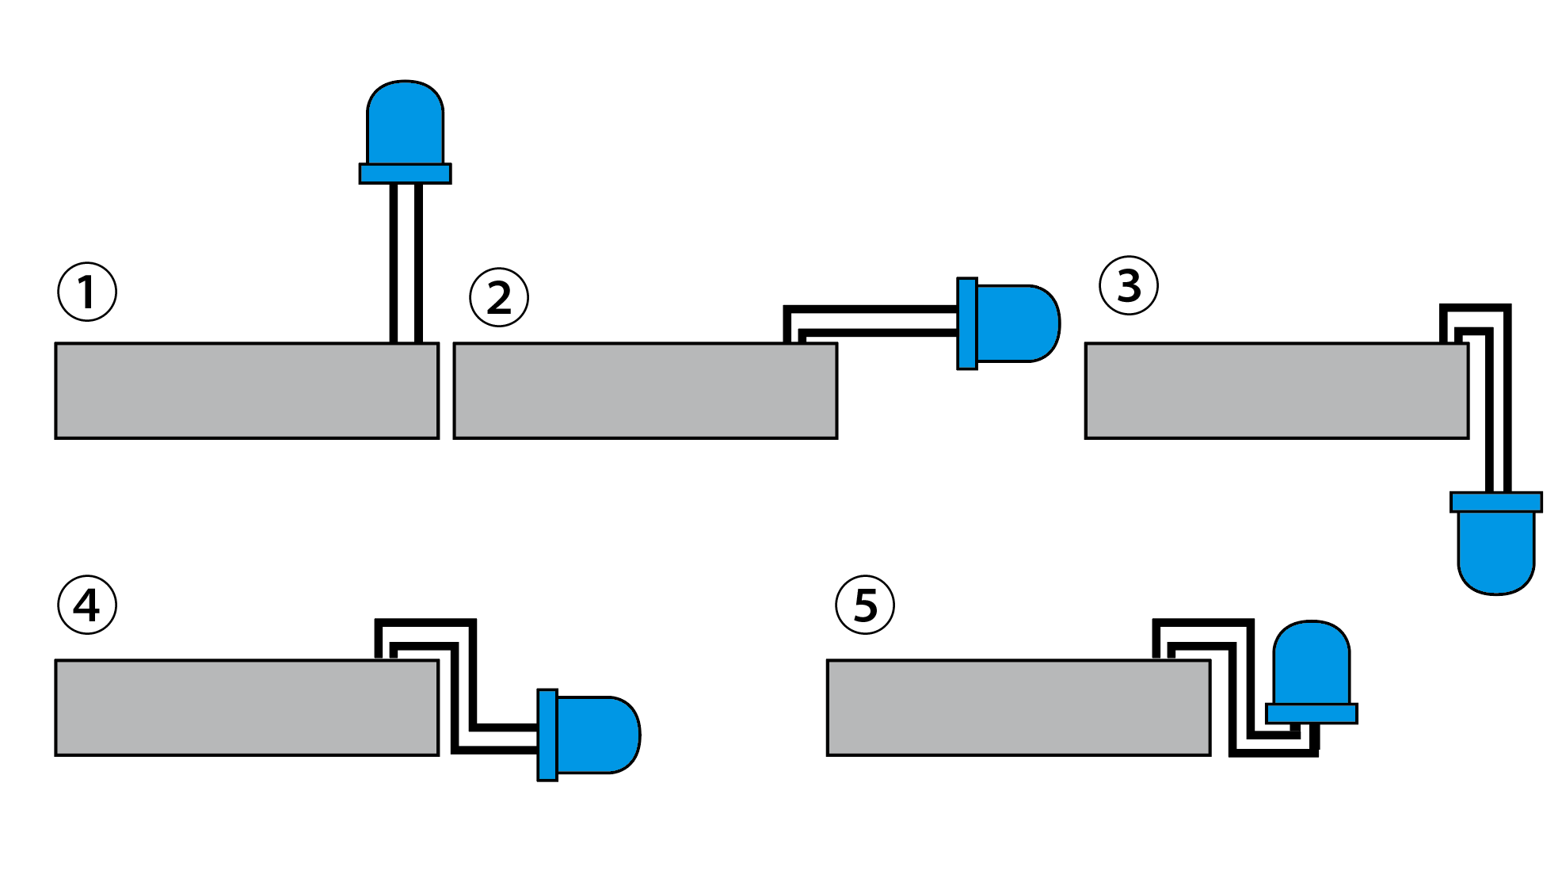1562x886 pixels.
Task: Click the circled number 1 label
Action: [87, 292]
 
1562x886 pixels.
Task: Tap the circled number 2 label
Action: [499, 298]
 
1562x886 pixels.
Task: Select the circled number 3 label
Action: [1129, 285]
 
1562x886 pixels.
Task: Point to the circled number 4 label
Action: [87, 605]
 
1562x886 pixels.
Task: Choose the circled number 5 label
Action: [865, 605]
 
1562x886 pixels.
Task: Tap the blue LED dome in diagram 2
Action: [1017, 323]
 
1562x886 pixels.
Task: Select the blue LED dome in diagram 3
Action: [1495, 552]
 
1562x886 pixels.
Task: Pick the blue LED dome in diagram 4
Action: [597, 735]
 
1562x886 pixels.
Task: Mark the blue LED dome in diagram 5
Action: [1311, 663]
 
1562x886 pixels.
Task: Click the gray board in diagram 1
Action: [246, 391]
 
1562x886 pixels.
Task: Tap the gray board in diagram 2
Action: [645, 391]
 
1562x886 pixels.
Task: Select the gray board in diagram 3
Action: [1277, 391]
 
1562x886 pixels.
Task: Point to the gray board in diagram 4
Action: [246, 708]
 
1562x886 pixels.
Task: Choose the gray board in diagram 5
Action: [1019, 708]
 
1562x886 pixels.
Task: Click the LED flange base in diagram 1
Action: [405, 174]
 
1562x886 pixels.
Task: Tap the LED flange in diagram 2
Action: [967, 323]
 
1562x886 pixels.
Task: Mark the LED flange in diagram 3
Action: [1495, 502]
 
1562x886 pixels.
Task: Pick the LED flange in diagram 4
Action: [547, 735]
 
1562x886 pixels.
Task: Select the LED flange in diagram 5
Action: [1312, 713]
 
